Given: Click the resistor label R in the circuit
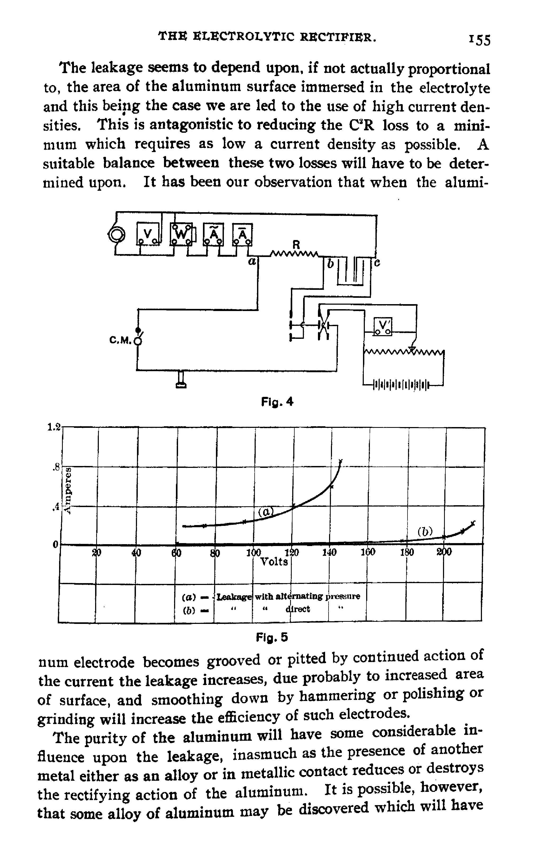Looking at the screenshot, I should coord(296,245).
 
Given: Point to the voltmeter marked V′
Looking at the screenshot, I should coord(383,326).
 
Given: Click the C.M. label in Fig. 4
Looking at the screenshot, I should coord(120,340).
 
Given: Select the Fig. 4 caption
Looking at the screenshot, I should coord(277,402).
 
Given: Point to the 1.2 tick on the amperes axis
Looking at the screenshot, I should coord(54,427).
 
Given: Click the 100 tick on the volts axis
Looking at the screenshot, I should coord(254,553).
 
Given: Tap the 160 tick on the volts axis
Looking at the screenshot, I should coord(368,553).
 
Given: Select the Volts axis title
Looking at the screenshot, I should coord(274,562).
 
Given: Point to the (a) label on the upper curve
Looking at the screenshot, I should coord(266,512).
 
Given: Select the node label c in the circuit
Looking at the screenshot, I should coord(377,263).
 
